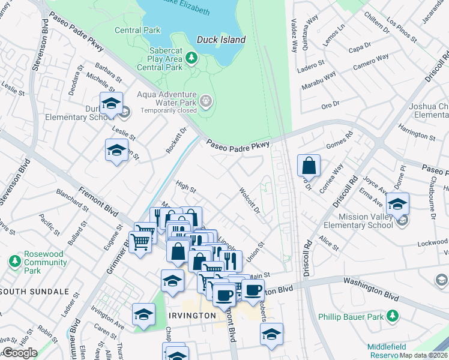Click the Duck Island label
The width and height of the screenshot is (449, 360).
tap(221, 40)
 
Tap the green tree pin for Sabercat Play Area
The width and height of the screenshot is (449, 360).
tap(191, 58)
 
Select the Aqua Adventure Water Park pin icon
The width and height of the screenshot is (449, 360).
tap(206, 100)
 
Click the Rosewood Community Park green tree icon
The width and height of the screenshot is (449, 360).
tap(15, 262)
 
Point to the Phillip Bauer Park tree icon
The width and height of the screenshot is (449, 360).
tap(392, 315)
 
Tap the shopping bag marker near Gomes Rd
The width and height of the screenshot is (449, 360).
tap(309, 165)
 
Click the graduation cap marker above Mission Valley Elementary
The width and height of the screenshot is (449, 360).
tap(397, 203)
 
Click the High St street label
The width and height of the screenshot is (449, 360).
tap(185, 188)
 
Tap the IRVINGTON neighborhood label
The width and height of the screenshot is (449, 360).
tap(191, 316)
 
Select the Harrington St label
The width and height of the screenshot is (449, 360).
tap(416, 133)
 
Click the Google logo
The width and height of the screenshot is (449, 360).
tap(19, 353)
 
